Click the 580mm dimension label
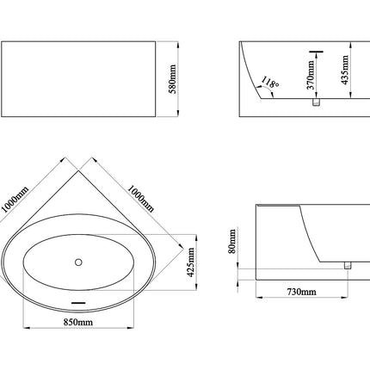pos(173,79)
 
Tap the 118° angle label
pos(269,83)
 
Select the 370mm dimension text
pos(311,75)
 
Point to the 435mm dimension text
pos(345,70)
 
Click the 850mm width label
pos(78,322)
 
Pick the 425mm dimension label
pos(191,262)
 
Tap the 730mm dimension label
pos(302,292)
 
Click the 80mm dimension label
pos(232,241)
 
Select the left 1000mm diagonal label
pos(15,199)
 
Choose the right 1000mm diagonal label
pos(141,199)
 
